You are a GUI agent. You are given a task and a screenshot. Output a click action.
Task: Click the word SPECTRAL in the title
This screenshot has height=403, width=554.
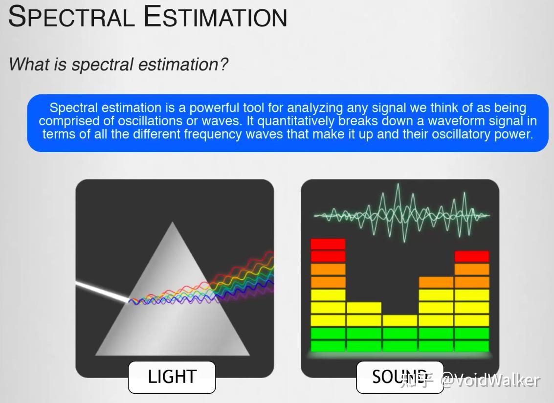click(x=71, y=16)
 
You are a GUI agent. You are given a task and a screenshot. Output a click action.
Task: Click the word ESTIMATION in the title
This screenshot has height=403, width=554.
click(x=215, y=16)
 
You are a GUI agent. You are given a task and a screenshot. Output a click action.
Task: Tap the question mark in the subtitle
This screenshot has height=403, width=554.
click(x=223, y=65)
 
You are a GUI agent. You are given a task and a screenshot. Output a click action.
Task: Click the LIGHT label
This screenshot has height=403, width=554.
click(x=172, y=377)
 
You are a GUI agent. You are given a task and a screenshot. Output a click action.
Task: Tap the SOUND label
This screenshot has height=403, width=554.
click(x=399, y=377)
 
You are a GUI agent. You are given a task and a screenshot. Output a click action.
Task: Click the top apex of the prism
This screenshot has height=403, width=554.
click(x=173, y=222)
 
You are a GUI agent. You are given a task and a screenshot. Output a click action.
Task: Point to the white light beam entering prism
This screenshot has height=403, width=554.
click(x=102, y=291)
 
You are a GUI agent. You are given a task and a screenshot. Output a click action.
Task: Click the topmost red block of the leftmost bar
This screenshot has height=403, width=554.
click(x=328, y=244)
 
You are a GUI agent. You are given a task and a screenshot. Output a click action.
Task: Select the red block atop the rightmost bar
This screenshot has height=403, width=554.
click(x=472, y=256)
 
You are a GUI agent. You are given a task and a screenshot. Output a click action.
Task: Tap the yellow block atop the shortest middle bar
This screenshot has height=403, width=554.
click(x=399, y=320)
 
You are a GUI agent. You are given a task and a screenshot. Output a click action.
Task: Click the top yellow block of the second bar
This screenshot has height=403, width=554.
click(x=364, y=308)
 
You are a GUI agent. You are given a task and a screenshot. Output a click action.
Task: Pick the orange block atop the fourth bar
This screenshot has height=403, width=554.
click(x=436, y=282)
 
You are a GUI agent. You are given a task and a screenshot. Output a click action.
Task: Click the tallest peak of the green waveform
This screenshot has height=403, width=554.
click(x=398, y=184)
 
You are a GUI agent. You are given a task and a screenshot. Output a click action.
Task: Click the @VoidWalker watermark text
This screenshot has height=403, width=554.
click(x=491, y=381)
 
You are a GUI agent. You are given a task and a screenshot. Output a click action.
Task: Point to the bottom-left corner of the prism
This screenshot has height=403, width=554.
click(x=96, y=355)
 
